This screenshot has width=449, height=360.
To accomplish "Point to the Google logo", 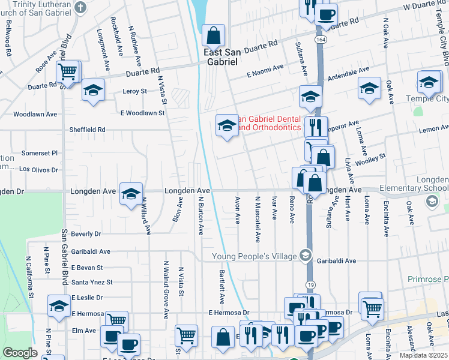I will point(20,353).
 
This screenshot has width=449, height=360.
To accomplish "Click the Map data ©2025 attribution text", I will point(423,355).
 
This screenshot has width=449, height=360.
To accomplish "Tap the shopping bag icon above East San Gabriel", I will point(213,37).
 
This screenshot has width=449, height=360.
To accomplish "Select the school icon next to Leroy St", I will point(93,91).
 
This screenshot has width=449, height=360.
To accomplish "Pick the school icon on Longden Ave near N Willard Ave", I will point(131,194).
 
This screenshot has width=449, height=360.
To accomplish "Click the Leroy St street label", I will point(134,92).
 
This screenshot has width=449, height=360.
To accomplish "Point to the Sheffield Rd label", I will point(89,129).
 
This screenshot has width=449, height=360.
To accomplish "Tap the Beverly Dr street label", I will point(86,233).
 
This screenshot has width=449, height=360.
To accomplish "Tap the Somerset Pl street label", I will point(39,153).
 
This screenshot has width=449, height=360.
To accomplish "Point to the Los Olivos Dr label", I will point(38,170).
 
